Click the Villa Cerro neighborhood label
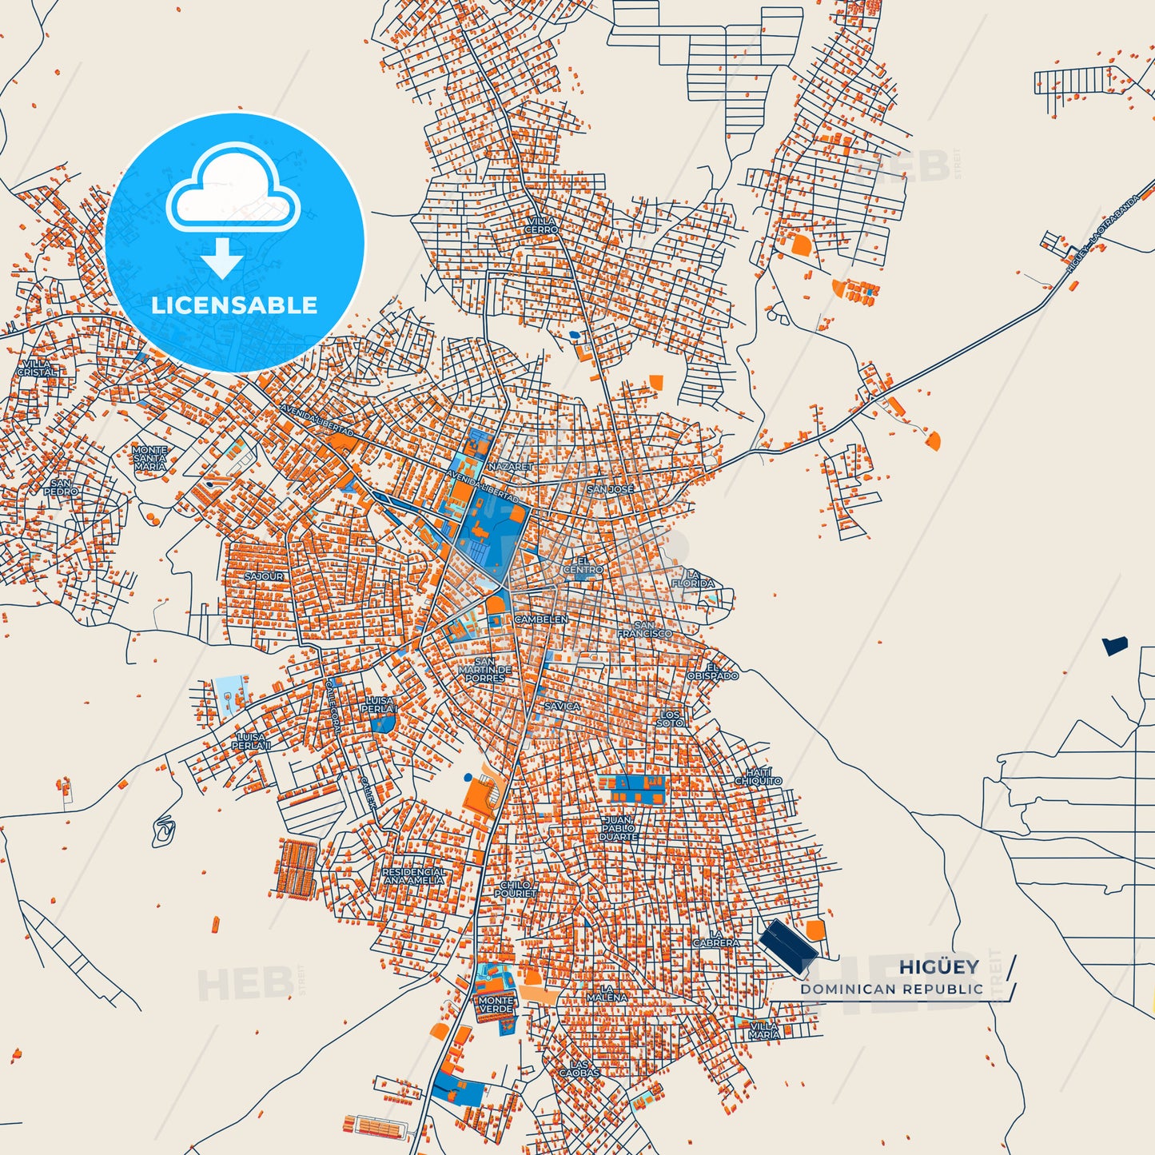click(x=542, y=225)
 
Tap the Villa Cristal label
click(x=38, y=368)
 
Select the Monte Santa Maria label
click(x=149, y=458)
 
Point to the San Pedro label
click(x=61, y=488)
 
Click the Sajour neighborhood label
click(x=264, y=576)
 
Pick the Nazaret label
click(x=510, y=466)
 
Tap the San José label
click(x=611, y=489)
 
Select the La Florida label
click(x=693, y=579)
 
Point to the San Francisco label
click(x=644, y=630)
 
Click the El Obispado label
click(x=712, y=671)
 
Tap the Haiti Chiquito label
click(x=758, y=776)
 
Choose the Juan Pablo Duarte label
click(x=618, y=828)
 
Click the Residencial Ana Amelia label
click(x=413, y=876)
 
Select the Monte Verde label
click(x=496, y=1005)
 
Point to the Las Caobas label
click(x=579, y=1069)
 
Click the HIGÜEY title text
click(x=938, y=967)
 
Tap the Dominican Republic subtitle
click(x=892, y=990)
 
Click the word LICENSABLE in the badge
click(x=234, y=305)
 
